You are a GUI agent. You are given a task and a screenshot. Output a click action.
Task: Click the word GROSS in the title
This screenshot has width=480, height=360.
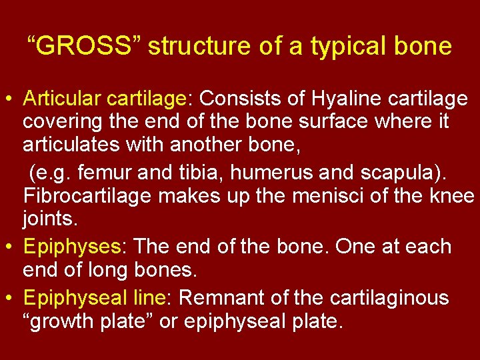[83, 47]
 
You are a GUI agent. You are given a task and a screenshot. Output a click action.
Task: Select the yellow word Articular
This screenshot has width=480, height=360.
[61, 99]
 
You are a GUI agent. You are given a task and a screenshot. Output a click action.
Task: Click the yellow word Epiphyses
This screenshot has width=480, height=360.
[71, 247]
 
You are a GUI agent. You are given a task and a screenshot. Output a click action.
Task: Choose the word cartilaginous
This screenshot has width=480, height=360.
[394, 297]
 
